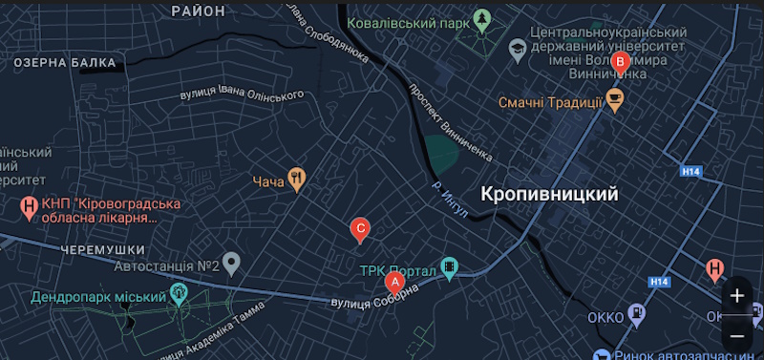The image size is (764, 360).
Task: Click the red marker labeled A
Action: (393, 282)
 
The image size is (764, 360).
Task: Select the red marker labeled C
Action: (360, 228)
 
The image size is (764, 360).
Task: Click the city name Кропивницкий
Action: (549, 194)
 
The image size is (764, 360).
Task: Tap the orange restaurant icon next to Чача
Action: (297, 178)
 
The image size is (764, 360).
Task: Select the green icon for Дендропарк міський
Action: (178, 292)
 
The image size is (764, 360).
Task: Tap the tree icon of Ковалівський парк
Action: (484, 19)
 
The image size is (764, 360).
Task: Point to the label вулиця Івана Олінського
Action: (243, 95)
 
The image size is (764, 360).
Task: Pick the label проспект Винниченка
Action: (449, 117)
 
